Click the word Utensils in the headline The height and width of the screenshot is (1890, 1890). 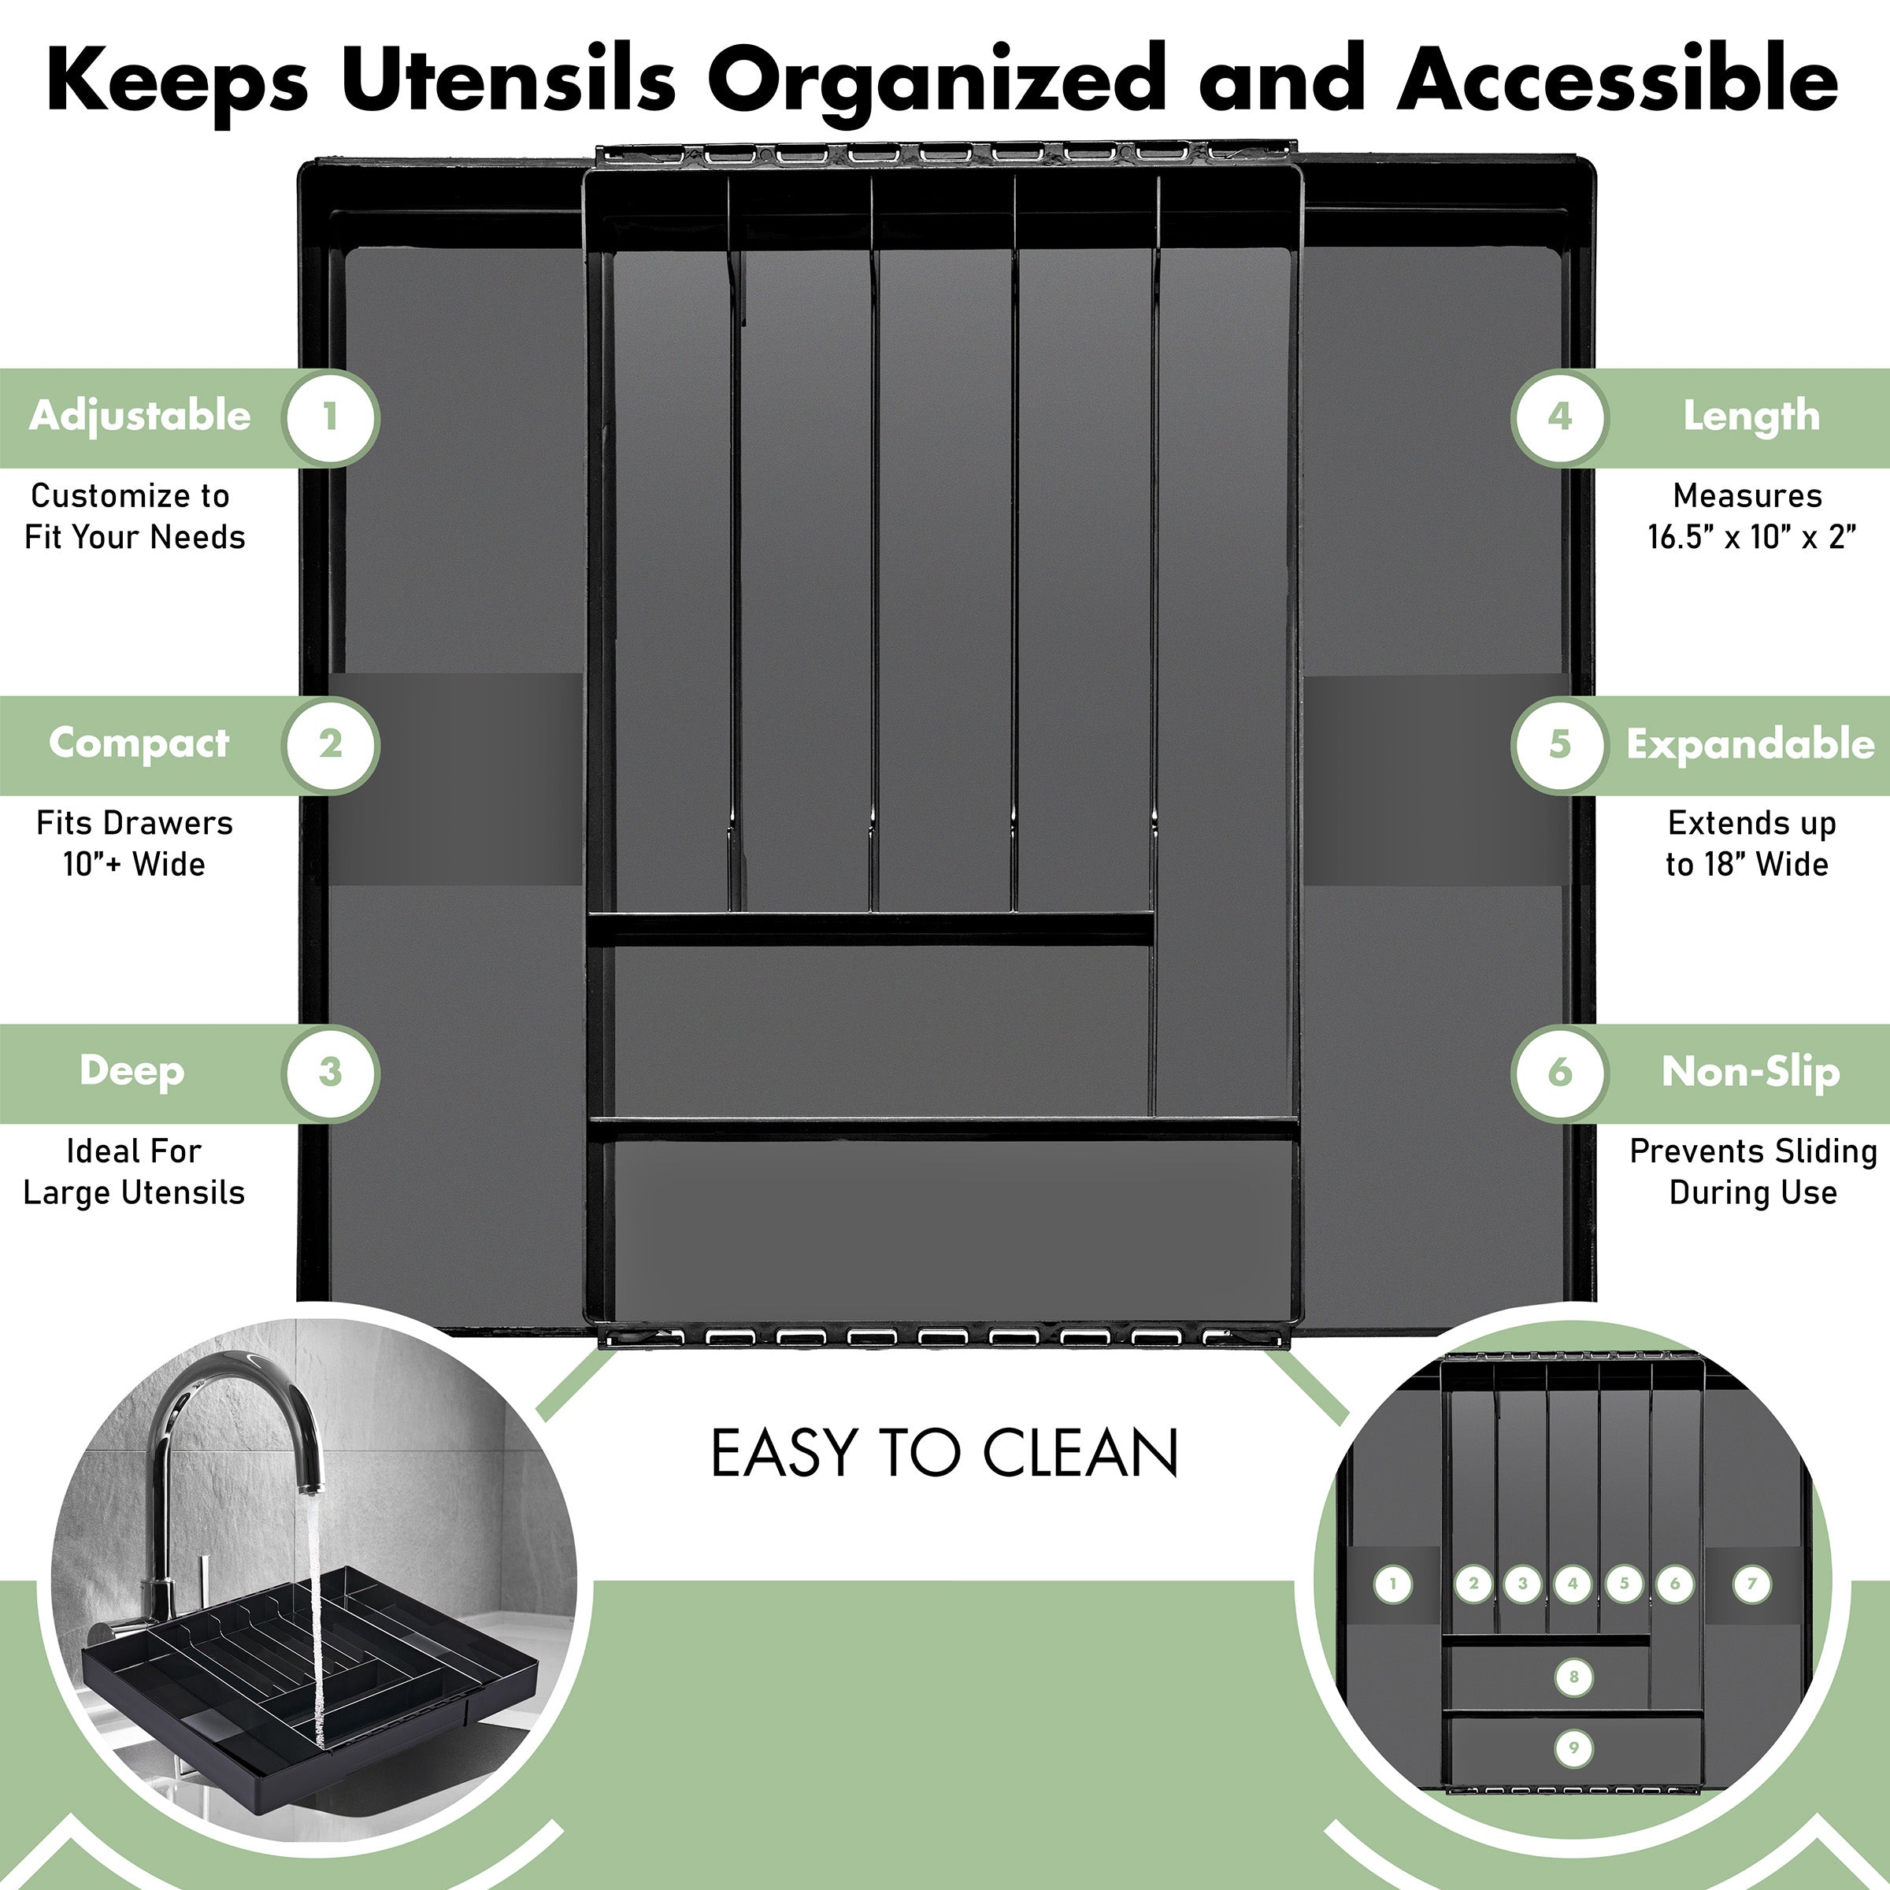tap(508, 78)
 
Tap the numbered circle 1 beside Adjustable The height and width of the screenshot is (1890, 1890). tap(330, 417)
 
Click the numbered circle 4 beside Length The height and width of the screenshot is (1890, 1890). tap(1559, 417)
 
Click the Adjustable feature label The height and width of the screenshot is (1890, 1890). tap(140, 417)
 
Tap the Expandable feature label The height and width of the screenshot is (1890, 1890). tap(1750, 744)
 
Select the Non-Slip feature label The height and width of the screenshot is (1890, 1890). tap(1750, 1072)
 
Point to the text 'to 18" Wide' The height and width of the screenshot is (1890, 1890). tap(1747, 865)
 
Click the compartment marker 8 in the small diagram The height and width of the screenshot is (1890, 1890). tap(1573, 1677)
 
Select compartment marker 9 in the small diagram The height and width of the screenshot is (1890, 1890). tap(1573, 1748)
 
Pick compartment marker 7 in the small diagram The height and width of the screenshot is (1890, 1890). tap(1751, 1584)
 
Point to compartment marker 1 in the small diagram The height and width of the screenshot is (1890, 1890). tap(1393, 1584)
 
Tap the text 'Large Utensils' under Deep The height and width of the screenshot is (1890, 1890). tap(134, 1192)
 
